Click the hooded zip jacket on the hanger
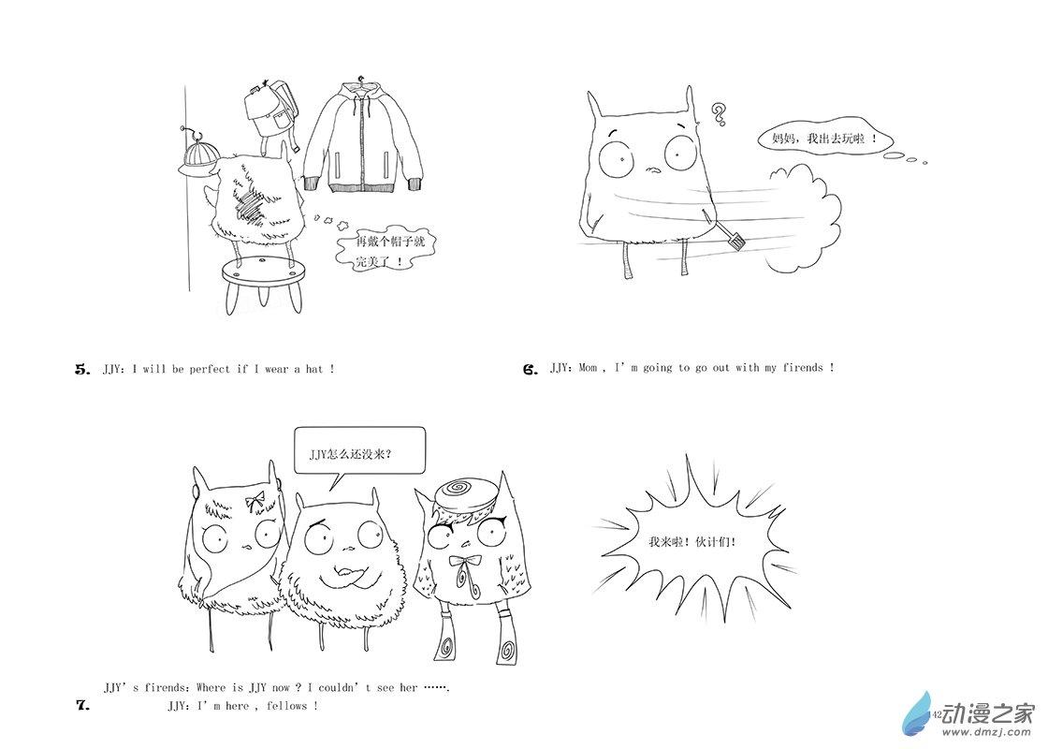click(x=364, y=137)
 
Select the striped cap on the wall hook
click(x=198, y=158)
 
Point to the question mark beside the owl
click(x=719, y=113)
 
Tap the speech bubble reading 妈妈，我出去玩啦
click(x=823, y=140)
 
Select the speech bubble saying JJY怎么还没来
click(x=359, y=452)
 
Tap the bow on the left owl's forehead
click(x=254, y=499)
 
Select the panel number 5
click(x=82, y=369)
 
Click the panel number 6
click(x=531, y=369)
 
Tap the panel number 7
click(x=83, y=704)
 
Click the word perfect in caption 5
click(x=210, y=369)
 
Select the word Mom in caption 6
click(x=589, y=368)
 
